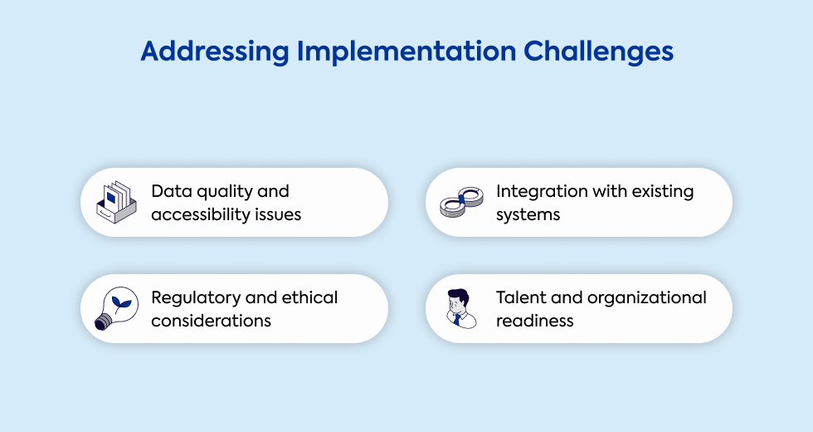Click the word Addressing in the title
click(215, 52)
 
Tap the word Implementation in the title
click(406, 52)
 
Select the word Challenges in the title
click(598, 52)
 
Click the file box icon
click(117, 202)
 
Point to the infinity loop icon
click(461, 202)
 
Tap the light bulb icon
click(117, 308)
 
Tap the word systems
click(528, 215)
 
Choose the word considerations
click(211, 321)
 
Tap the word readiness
click(534, 321)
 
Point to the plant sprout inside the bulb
click(121, 304)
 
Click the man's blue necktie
click(457, 319)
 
